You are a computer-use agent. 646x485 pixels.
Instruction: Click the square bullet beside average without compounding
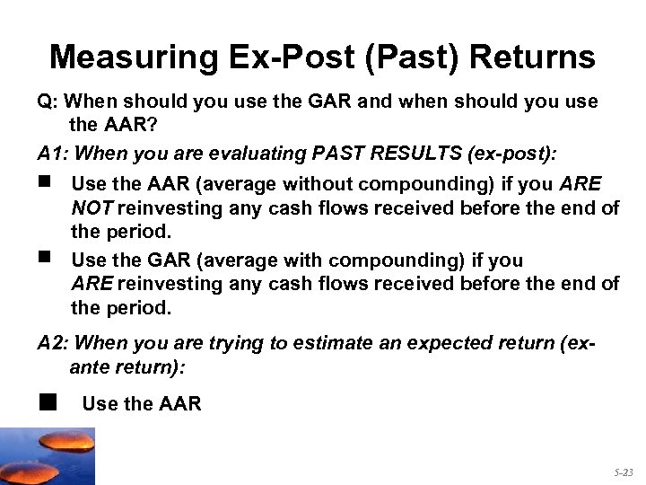coord(46,182)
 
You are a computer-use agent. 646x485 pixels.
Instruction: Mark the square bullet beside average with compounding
coord(46,259)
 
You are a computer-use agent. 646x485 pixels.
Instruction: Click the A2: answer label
coord(52,343)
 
